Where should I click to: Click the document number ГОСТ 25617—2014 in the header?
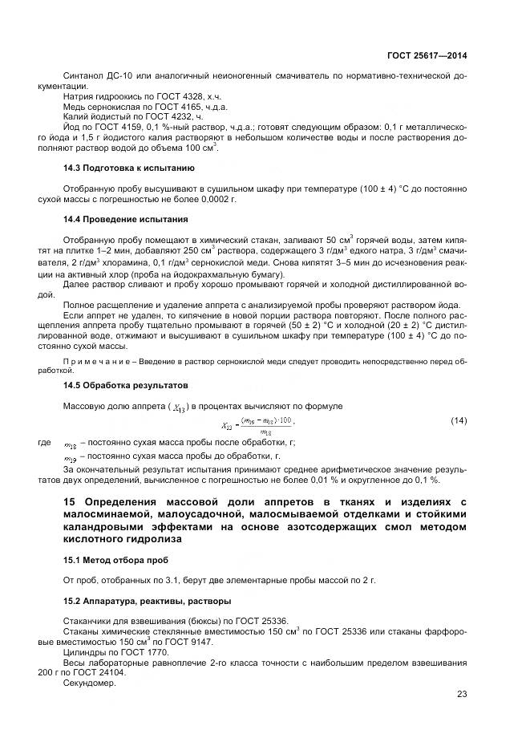427,56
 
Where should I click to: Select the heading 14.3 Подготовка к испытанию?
128,168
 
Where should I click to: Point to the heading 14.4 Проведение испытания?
125,219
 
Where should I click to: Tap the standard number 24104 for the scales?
124,673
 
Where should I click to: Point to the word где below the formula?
44,442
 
